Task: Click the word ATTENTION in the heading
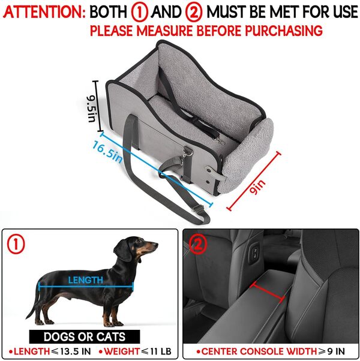click(x=43, y=11)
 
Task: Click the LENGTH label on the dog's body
click(x=85, y=279)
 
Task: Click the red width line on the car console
click(x=269, y=290)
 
